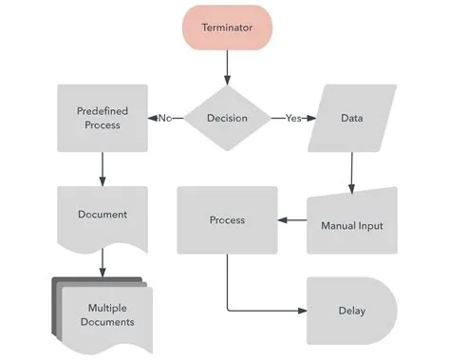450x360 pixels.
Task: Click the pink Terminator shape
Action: (x=228, y=28)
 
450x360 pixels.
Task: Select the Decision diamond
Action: (x=228, y=118)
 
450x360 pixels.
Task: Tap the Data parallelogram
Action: (x=352, y=118)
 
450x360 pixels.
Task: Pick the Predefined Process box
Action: (x=102, y=118)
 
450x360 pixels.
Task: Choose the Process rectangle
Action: (x=227, y=219)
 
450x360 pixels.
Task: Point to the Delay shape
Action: (x=350, y=311)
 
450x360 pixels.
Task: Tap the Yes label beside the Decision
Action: (x=293, y=118)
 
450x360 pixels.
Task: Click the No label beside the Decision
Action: (x=165, y=118)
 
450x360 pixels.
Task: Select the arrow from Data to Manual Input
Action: (x=352, y=171)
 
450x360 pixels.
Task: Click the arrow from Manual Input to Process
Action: (x=292, y=220)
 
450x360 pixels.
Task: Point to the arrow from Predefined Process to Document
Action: (x=102, y=168)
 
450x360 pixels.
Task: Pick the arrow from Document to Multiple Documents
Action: (x=102, y=264)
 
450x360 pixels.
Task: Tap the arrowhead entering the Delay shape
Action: (x=302, y=311)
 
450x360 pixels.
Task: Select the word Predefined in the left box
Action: (x=102, y=111)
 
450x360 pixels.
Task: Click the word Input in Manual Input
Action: (x=370, y=226)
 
